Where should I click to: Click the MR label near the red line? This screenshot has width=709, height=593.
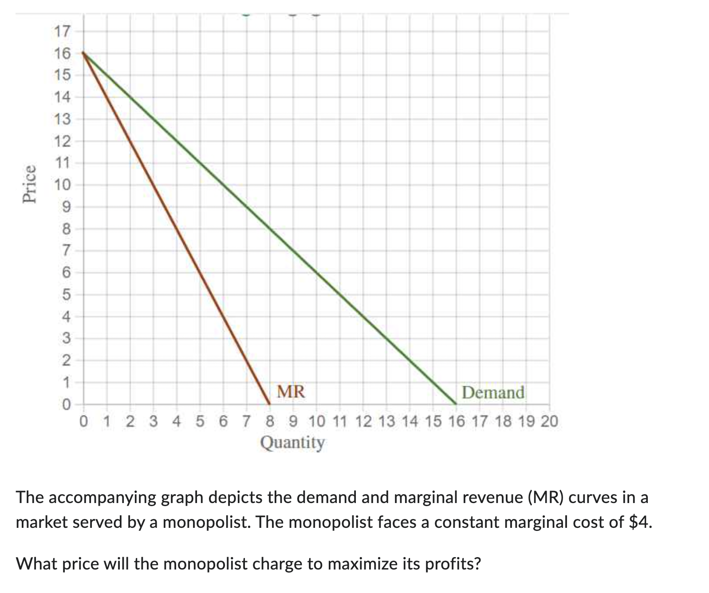coord(291,392)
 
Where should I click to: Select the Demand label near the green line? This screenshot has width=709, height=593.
coord(493,393)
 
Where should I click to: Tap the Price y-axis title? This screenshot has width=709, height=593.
coord(30,184)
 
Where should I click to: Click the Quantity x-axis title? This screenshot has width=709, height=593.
coord(292,442)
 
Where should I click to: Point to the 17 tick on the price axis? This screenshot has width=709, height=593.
coord(62,32)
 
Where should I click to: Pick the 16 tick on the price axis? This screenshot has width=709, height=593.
coord(62,54)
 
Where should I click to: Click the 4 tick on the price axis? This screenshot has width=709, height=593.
coord(65,317)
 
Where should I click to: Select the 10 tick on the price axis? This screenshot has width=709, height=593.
coord(62,185)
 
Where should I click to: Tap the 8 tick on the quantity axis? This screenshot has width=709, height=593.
coord(270,421)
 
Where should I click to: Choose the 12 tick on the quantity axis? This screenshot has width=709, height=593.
coord(363,421)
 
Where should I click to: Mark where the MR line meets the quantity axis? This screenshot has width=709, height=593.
coord(270,404)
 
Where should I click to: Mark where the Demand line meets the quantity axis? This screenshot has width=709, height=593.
coord(456,404)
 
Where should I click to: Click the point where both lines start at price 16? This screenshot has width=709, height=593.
coord(83,53)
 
